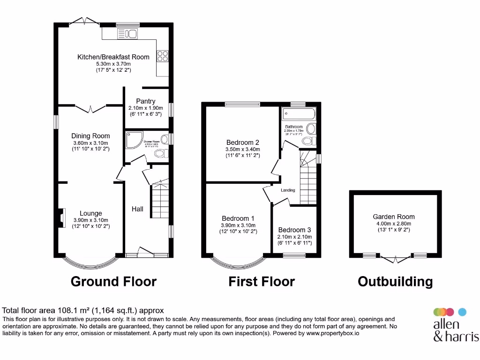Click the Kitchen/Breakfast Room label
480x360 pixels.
(x=113, y=57)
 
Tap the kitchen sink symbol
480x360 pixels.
(x=127, y=33)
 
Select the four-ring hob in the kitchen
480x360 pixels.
(x=163, y=56)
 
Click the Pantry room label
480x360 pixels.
(x=145, y=101)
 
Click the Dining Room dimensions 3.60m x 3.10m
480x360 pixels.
(x=90, y=143)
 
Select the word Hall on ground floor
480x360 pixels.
(x=137, y=209)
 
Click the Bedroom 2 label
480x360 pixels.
(x=242, y=142)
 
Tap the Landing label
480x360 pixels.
(x=288, y=190)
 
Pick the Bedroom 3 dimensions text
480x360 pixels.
(x=294, y=237)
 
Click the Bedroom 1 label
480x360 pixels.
(x=238, y=218)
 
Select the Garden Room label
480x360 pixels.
(x=394, y=217)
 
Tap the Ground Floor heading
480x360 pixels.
(x=113, y=281)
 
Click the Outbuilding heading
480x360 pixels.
(x=395, y=281)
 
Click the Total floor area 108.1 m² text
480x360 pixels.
(x=83, y=310)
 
